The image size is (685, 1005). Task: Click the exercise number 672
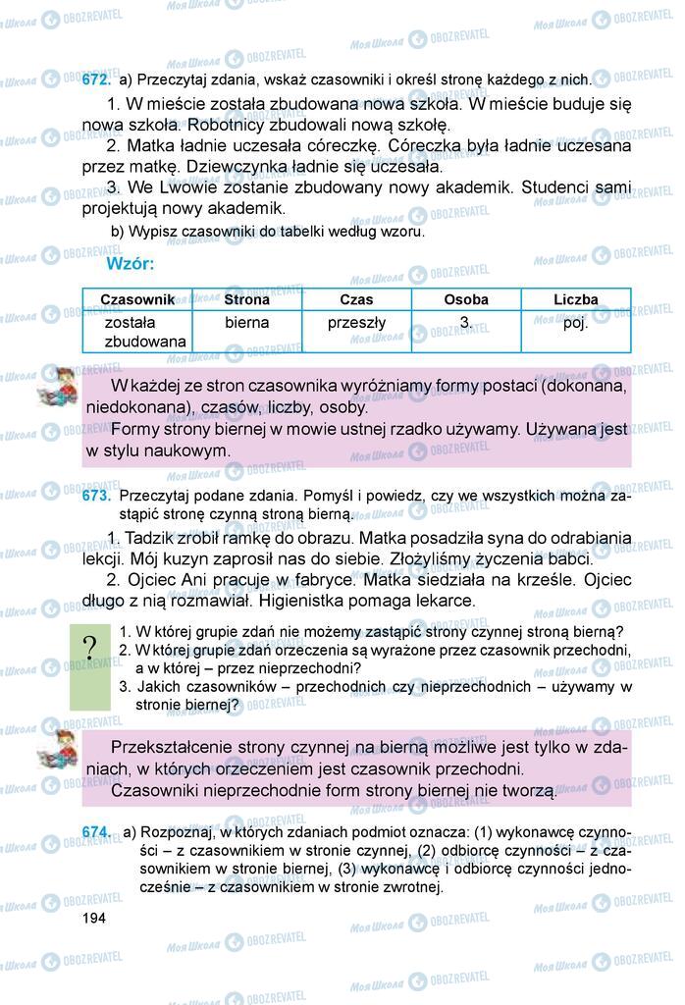tap(98, 79)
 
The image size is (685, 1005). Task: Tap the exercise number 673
tap(98, 498)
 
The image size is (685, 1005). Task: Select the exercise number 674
tap(98, 833)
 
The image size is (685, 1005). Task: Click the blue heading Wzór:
tap(130, 264)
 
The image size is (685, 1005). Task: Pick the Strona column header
tap(246, 300)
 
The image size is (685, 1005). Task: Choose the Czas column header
tap(356, 300)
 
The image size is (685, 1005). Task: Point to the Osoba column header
tap(465, 300)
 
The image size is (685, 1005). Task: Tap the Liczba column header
tap(575, 300)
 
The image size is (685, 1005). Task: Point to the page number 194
tap(95, 917)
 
